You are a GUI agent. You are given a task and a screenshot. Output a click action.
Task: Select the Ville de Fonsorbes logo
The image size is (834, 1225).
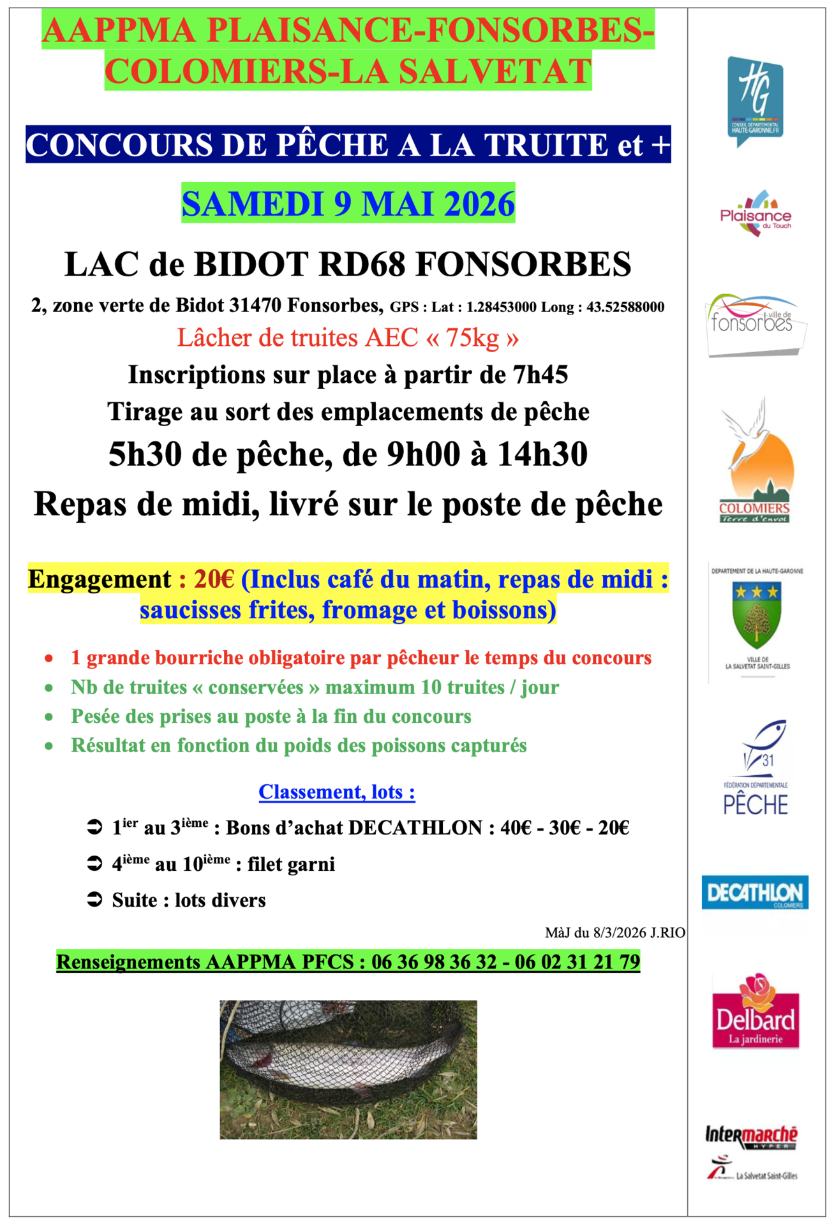tap(756, 324)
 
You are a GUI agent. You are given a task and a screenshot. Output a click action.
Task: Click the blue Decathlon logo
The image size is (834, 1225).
tap(755, 892)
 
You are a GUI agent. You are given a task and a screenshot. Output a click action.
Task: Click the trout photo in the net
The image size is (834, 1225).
tap(348, 1069)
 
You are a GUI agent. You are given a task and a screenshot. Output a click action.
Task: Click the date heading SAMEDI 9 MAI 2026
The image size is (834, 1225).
tap(348, 204)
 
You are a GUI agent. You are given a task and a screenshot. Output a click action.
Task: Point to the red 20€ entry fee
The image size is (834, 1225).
tap(214, 579)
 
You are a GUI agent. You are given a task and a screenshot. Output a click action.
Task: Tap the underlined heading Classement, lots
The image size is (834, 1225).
tap(337, 792)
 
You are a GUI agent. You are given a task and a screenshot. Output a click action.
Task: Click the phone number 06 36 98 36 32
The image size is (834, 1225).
tap(434, 961)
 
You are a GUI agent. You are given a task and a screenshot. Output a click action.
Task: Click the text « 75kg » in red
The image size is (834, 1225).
tap(473, 338)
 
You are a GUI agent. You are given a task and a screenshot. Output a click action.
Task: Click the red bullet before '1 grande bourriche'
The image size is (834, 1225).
tap(49, 658)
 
